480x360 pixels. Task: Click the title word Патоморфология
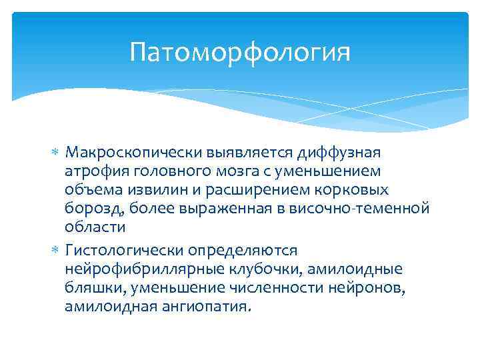[x=240, y=51]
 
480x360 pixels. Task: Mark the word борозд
[x=89, y=208]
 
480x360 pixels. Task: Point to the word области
[x=95, y=227]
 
